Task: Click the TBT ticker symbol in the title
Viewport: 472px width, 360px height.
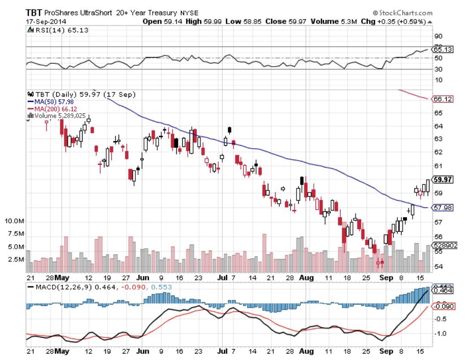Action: tap(34, 13)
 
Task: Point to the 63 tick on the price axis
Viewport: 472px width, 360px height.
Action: tap(438, 139)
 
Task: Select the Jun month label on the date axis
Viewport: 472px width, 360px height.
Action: tap(143, 278)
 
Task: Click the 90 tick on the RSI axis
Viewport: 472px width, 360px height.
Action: tap(438, 36)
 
